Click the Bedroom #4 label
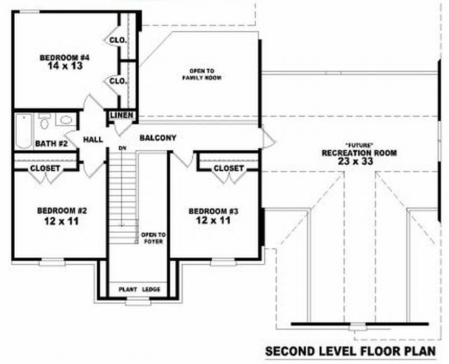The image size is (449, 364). (65, 58)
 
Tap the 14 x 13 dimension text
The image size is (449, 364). (65, 66)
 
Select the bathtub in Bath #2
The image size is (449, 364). (24, 131)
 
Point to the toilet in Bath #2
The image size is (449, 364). (44, 121)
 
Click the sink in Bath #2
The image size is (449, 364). (66, 120)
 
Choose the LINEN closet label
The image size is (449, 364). (121, 115)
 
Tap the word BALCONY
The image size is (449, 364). (158, 138)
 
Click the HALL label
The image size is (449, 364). (93, 140)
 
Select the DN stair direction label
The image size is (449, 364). (123, 148)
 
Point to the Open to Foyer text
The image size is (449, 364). (153, 238)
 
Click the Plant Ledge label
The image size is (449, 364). (140, 290)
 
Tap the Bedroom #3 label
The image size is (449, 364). (213, 212)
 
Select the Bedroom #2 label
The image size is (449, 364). (62, 211)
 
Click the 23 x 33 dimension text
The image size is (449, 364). (356, 161)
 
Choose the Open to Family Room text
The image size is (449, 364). (202, 74)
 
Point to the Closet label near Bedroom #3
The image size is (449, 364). (229, 168)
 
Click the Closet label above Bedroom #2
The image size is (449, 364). (45, 168)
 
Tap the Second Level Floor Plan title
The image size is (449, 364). (351, 351)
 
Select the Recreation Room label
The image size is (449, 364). (359, 153)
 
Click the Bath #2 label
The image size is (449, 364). (51, 143)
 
